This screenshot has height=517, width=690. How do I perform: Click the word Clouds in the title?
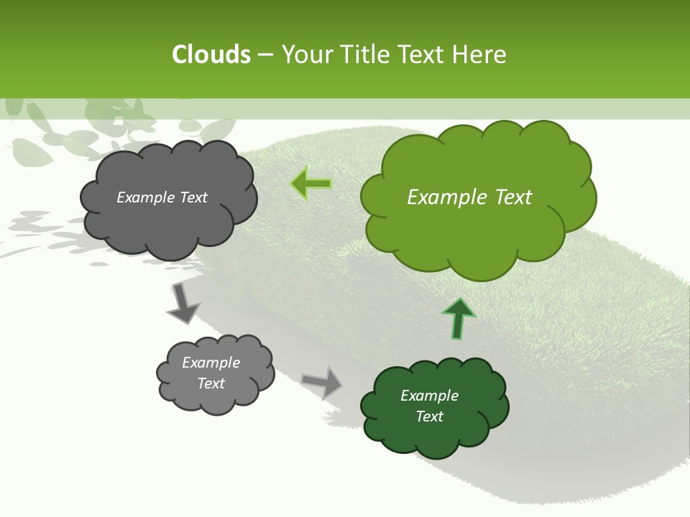[x=211, y=55]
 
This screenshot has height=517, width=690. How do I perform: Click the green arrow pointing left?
[x=311, y=184]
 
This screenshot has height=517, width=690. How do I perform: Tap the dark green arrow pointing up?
[x=458, y=319]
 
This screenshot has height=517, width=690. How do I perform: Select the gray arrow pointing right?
[x=322, y=382]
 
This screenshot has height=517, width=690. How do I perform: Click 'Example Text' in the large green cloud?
[x=469, y=197]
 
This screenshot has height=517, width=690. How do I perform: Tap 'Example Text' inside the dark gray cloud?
[x=162, y=197]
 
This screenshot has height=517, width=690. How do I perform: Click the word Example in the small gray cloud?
[x=211, y=363]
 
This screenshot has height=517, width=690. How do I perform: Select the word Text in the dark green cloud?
[x=429, y=416]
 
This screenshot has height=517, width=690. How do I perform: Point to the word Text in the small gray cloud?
[x=211, y=383]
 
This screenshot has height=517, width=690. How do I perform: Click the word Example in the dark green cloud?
[x=429, y=396]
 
